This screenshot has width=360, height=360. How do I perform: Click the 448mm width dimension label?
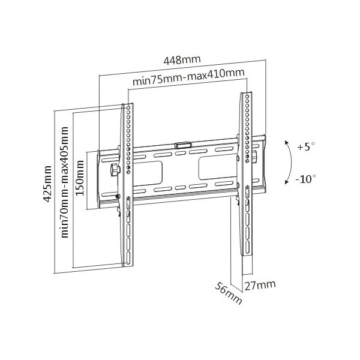point(182,60)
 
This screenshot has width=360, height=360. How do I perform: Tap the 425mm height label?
point(47,184)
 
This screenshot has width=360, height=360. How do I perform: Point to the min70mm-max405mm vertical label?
point(65,182)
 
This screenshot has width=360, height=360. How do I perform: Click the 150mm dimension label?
point(80,178)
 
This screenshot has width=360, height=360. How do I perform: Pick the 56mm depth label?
point(228,293)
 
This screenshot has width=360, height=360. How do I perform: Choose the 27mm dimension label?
point(260,285)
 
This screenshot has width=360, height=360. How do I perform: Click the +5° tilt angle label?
point(306,146)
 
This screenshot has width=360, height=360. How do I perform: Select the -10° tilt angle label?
point(306,179)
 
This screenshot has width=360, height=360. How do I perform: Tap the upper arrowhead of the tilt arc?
point(286,142)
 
